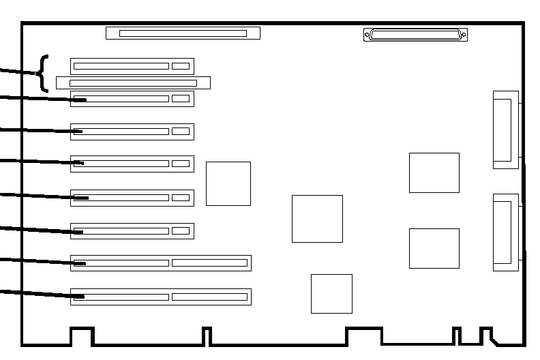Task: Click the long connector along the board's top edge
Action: [x=183, y=33]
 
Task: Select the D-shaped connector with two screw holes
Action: [x=415, y=34]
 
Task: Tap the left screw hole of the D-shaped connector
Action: [x=369, y=34]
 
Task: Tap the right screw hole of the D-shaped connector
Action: [x=463, y=34]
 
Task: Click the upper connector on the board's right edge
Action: [x=505, y=130]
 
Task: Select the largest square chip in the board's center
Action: [x=317, y=218]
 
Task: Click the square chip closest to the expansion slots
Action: [x=228, y=183]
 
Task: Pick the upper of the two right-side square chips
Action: [x=434, y=172]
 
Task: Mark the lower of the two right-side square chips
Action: [x=434, y=248]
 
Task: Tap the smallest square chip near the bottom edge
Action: [x=331, y=293]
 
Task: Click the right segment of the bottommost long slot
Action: [x=209, y=297]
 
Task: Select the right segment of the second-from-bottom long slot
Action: [x=209, y=262]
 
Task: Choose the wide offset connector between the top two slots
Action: [x=133, y=82]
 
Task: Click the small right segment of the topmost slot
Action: [x=181, y=66]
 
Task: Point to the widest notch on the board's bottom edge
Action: [x=363, y=336]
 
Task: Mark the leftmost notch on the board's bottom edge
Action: [x=82, y=336]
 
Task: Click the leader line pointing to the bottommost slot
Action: [x=34, y=293]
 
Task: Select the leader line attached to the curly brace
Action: [x=17, y=71]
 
